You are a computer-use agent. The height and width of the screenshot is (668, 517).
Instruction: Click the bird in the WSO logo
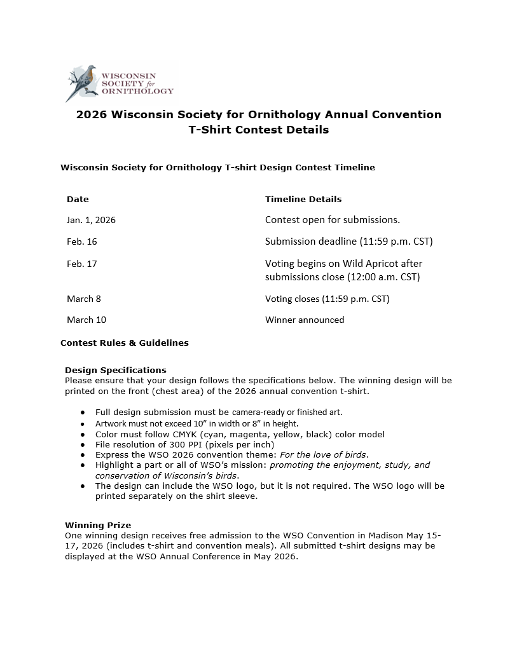[85, 81]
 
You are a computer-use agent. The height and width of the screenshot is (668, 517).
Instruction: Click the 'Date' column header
[78, 199]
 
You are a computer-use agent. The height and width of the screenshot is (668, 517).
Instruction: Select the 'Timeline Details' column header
[303, 199]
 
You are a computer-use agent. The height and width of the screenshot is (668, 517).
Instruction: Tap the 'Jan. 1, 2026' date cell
[91, 220]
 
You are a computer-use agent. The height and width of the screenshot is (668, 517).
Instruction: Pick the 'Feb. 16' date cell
[81, 242]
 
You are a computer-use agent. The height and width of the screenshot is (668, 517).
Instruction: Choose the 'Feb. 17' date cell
[81, 263]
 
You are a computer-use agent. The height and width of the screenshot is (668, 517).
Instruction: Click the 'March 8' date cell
[83, 299]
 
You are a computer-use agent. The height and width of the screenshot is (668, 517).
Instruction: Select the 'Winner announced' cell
[305, 320]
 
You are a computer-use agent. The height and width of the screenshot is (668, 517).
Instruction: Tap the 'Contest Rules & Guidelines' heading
[125, 343]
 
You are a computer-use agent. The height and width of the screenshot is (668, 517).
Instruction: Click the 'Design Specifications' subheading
[116, 370]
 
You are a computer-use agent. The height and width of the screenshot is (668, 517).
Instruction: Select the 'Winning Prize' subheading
[98, 525]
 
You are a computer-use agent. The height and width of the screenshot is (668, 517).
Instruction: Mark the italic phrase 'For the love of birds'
[321, 454]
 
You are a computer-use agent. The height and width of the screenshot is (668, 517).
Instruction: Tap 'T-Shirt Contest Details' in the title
[258, 130]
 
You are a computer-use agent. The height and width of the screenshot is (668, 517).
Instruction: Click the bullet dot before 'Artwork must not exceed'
[83, 424]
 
